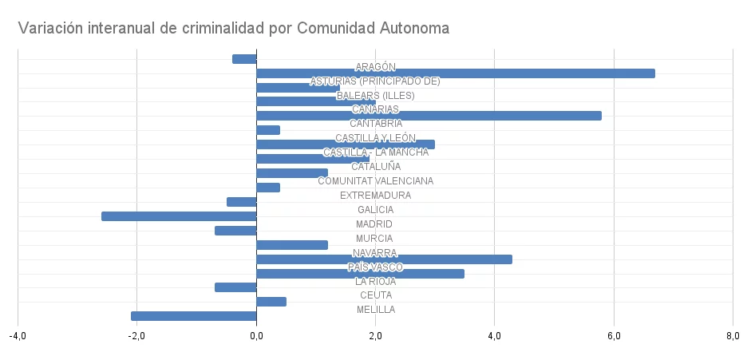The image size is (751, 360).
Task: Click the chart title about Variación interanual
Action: tap(234, 29)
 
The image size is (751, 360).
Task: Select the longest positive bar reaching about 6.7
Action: tap(455, 73)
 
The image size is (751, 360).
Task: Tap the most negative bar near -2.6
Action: tap(179, 216)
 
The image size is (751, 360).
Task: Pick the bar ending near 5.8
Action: tap(429, 116)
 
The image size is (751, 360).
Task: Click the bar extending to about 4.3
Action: tap(384, 259)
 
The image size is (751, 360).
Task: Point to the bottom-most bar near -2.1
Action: tap(193, 316)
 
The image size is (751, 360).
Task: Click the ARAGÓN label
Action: tap(375, 67)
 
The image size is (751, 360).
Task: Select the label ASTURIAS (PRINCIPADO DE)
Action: tap(375, 81)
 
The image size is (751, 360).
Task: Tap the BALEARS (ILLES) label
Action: tap(375, 96)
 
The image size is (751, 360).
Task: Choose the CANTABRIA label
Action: tap(375, 124)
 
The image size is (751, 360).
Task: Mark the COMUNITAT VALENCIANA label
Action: tap(375, 181)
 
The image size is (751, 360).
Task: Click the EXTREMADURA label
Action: tap(375, 196)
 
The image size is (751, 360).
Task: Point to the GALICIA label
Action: tap(375, 210)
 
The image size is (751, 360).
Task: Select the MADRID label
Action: tap(375, 224)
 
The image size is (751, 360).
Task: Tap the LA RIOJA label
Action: tap(375, 281)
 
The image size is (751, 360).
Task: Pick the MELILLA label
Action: tap(375, 310)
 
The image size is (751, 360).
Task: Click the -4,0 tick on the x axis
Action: tap(18, 336)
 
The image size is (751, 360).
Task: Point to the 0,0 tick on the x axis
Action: tap(256, 336)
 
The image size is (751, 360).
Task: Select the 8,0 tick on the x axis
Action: tap(733, 336)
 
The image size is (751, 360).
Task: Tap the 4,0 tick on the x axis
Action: tap(494, 336)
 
